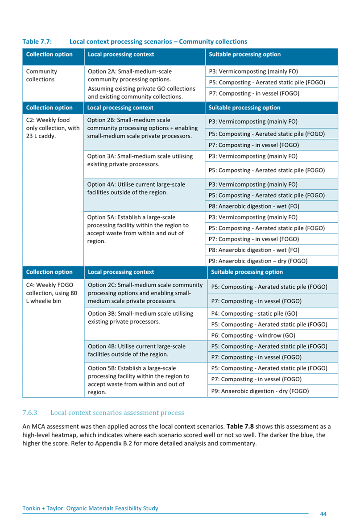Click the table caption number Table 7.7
pos(37,42)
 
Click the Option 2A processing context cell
pos(141,83)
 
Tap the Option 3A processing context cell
pos(141,160)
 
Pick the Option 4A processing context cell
pos(136,188)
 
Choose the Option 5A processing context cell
pos(138,229)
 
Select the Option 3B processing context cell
pos(141,317)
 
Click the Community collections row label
pos(41,75)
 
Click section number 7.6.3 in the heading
pos(29,413)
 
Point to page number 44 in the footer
pos(323,513)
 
